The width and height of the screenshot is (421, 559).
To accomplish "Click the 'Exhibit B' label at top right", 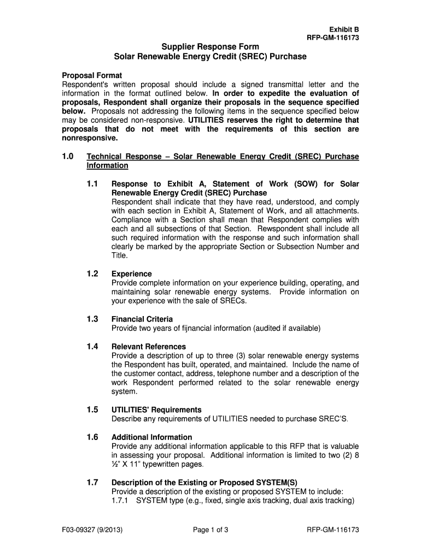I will coord(343,29).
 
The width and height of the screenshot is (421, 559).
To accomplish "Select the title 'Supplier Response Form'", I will coord(210,47).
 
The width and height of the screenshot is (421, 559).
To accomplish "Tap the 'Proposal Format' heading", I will coord(91,75).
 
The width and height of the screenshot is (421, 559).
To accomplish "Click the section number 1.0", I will coord(67,157).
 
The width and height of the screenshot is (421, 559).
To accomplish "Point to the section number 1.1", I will coord(92,184).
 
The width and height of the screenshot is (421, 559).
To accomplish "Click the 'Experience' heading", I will coord(132,273).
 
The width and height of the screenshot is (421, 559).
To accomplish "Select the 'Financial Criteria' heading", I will coord(142,319).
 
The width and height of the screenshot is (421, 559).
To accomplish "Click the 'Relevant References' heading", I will coord(149,346).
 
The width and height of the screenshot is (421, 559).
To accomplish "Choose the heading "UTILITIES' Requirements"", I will coord(156,409).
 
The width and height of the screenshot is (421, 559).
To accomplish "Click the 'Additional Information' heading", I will coord(151,437).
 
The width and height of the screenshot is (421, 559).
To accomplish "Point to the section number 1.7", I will coord(92,482).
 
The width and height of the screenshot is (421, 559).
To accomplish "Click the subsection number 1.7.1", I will coord(120,501).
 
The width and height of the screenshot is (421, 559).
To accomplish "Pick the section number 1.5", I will coord(92,409).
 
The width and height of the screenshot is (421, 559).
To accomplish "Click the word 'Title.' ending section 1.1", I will coord(120,255).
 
